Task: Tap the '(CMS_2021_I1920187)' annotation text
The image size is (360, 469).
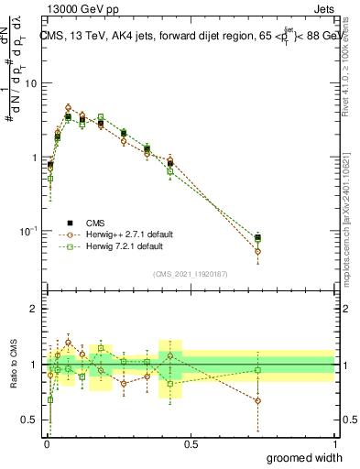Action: click(190, 273)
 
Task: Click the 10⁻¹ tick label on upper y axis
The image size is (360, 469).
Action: click(27, 230)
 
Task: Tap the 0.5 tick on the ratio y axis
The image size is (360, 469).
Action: click(29, 420)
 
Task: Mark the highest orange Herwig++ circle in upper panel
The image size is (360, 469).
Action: click(69, 107)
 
